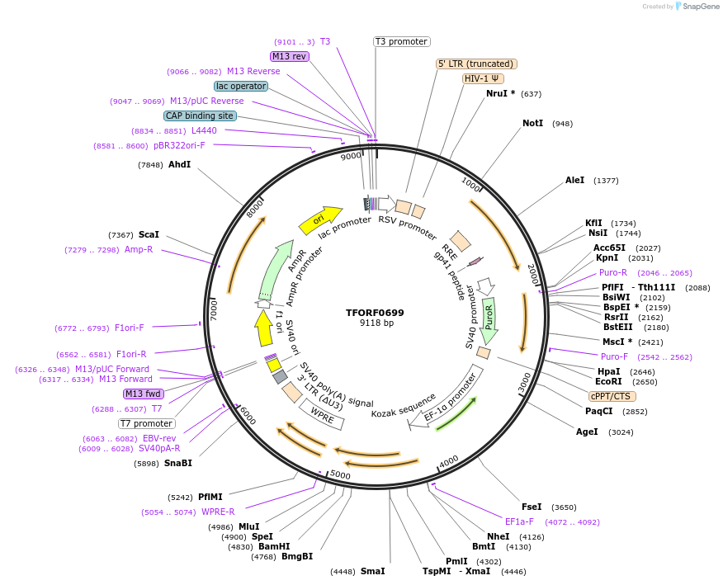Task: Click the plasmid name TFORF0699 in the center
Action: pyautogui.click(x=376, y=313)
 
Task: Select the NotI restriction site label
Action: pyautogui.click(x=533, y=124)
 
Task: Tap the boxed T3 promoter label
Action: pyautogui.click(x=401, y=41)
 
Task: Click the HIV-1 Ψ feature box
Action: pyautogui.click(x=483, y=78)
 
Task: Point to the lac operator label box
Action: pyautogui.click(x=240, y=86)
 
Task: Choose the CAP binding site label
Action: pyautogui.click(x=200, y=116)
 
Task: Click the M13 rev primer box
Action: pyautogui.click(x=290, y=56)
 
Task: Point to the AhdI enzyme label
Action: pyautogui.click(x=179, y=165)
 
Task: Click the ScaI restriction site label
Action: pyautogui.click(x=149, y=235)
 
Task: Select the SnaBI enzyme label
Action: pyautogui.click(x=177, y=464)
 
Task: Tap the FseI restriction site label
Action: pyautogui.click(x=532, y=507)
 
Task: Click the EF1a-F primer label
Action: pyautogui.click(x=519, y=521)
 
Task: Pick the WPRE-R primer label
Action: pyautogui.click(x=218, y=512)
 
